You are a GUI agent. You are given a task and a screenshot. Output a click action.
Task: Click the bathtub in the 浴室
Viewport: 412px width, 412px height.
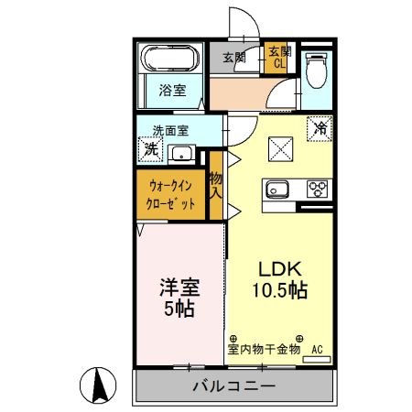click(169, 61)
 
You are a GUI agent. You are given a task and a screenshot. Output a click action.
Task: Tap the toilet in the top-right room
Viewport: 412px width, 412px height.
click(316, 69)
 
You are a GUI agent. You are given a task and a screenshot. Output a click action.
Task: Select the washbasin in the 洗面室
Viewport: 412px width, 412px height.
click(181, 153)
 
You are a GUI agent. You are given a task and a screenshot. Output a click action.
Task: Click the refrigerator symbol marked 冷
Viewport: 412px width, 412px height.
click(320, 129)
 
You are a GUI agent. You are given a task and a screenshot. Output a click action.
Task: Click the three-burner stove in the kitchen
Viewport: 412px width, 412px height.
click(317, 190)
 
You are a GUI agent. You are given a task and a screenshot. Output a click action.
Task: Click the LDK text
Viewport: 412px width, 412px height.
click(279, 270)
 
